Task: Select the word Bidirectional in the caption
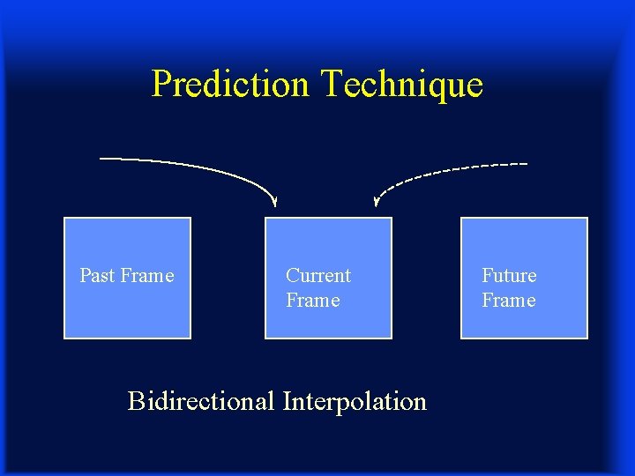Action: [x=202, y=401]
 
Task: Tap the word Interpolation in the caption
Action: [x=355, y=402]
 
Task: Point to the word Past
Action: [x=97, y=276]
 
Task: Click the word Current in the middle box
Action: [x=318, y=276]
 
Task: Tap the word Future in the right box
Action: [x=509, y=276]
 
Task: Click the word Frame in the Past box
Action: [x=147, y=276]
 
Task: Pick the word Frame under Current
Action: [x=312, y=301]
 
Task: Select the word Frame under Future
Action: [x=508, y=301]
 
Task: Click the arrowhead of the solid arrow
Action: [x=275, y=202]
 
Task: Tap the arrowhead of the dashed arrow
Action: [x=377, y=202]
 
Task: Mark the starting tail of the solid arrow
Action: [x=102, y=158]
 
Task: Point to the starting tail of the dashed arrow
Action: [x=526, y=164]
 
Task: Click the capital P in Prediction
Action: [x=161, y=85]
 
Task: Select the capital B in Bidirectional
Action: [x=137, y=401]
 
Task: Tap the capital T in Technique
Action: [x=332, y=85]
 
